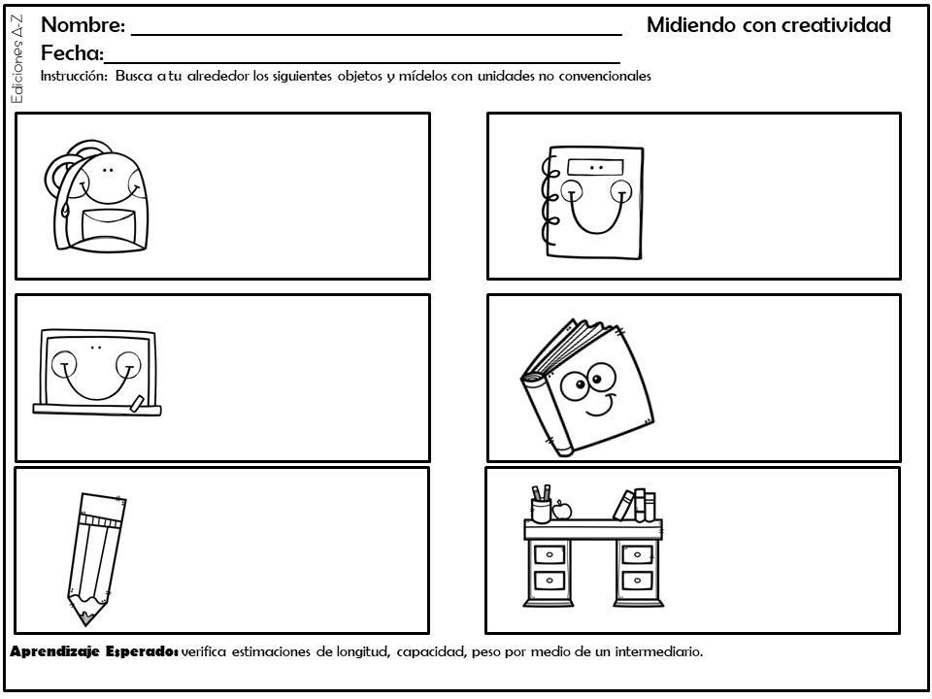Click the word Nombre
pyautogui.click(x=83, y=25)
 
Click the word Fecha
pyautogui.click(x=72, y=53)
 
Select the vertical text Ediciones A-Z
pyautogui.click(x=17, y=59)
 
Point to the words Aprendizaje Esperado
pyautogui.click(x=94, y=652)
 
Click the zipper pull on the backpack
pyautogui.click(x=65, y=208)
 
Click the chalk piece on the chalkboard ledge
pyautogui.click(x=137, y=403)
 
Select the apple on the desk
pyautogui.click(x=562, y=510)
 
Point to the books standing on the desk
pyautogui.click(x=635, y=505)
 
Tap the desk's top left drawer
pyautogui.click(x=549, y=555)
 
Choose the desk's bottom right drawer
pyautogui.click(x=637, y=581)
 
